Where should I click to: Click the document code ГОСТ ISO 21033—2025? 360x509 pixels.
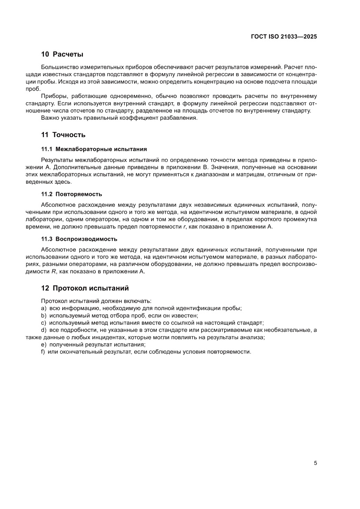283,37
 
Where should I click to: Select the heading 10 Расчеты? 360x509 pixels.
62,54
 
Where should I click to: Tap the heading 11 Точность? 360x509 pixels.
63,135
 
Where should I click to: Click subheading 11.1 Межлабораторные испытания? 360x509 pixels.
94,149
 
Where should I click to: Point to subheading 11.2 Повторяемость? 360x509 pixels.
71,194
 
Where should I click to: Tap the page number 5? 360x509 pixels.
315,463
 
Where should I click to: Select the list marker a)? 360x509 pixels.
44,308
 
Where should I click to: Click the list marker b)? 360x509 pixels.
44,316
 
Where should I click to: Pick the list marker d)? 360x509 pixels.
44,330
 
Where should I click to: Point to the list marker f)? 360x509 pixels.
43,352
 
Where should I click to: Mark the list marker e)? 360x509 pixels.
44,345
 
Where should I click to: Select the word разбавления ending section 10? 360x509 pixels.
179,118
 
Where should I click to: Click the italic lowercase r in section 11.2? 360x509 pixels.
185,226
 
